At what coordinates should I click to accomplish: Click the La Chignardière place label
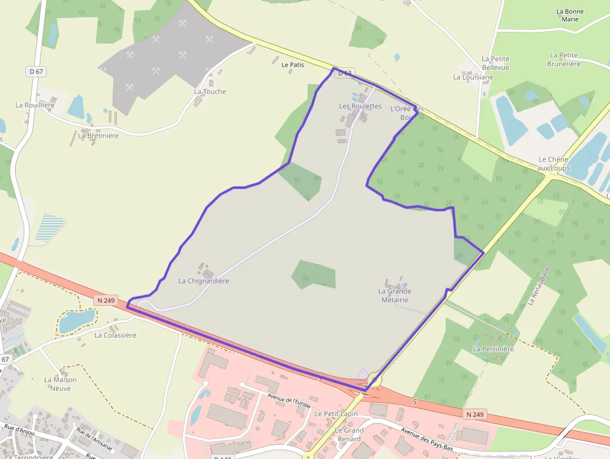pyautogui.click(x=204, y=281)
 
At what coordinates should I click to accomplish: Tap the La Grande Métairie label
pyautogui.click(x=395, y=295)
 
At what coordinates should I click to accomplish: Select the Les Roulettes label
pyautogui.click(x=360, y=106)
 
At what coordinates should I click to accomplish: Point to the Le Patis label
pyautogui.click(x=293, y=65)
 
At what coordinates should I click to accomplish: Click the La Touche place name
pyautogui.click(x=210, y=92)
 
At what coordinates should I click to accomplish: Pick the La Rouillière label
pyautogui.click(x=35, y=105)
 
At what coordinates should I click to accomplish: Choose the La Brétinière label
pyautogui.click(x=98, y=136)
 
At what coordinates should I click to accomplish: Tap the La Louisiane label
pyautogui.click(x=472, y=77)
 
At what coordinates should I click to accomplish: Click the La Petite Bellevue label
pyautogui.click(x=495, y=63)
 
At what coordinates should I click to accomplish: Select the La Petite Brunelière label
pyautogui.click(x=564, y=59)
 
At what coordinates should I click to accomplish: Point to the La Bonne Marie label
pyautogui.click(x=570, y=15)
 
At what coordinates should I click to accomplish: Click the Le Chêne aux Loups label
pyautogui.click(x=553, y=164)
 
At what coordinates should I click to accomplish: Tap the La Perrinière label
pyautogui.click(x=493, y=349)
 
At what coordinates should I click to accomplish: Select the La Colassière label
pyautogui.click(x=115, y=335)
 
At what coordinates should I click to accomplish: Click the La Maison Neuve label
pyautogui.click(x=60, y=384)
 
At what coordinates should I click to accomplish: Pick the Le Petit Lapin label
pyautogui.click(x=336, y=414)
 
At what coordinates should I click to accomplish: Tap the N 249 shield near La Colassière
pyautogui.click(x=106, y=300)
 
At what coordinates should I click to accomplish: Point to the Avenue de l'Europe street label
pyautogui.click(x=289, y=400)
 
